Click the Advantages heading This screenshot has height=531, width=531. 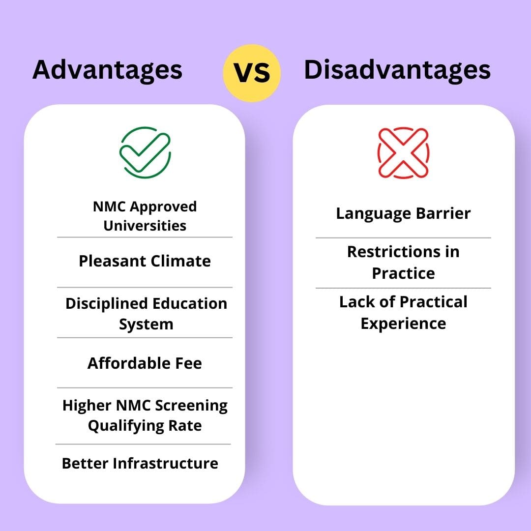(107, 69)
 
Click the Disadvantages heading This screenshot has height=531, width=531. (397, 69)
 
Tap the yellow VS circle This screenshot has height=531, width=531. (252, 73)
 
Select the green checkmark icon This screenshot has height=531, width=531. (145, 152)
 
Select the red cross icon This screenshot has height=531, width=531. (403, 152)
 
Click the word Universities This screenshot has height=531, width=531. (145, 226)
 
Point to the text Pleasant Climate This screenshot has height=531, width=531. (145, 261)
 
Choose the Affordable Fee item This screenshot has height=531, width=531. (145, 363)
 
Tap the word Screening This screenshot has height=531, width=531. (191, 406)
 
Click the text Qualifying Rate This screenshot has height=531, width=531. (145, 425)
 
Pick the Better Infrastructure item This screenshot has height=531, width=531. (140, 463)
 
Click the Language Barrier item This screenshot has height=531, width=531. (403, 213)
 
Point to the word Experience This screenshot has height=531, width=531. (403, 324)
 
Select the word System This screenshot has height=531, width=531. (146, 324)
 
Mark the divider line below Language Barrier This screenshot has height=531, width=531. (403, 238)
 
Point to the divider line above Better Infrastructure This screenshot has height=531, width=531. (143, 444)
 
